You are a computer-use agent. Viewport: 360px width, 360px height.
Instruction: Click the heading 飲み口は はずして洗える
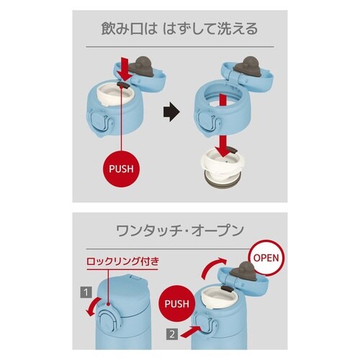[179, 31]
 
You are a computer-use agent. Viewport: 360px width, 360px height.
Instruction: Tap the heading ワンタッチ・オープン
[179, 232]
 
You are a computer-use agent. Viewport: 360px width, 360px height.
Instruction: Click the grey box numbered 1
[86, 292]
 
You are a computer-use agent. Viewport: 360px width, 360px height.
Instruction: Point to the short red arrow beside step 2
[202, 330]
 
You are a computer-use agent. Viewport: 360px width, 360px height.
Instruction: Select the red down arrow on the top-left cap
[125, 72]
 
